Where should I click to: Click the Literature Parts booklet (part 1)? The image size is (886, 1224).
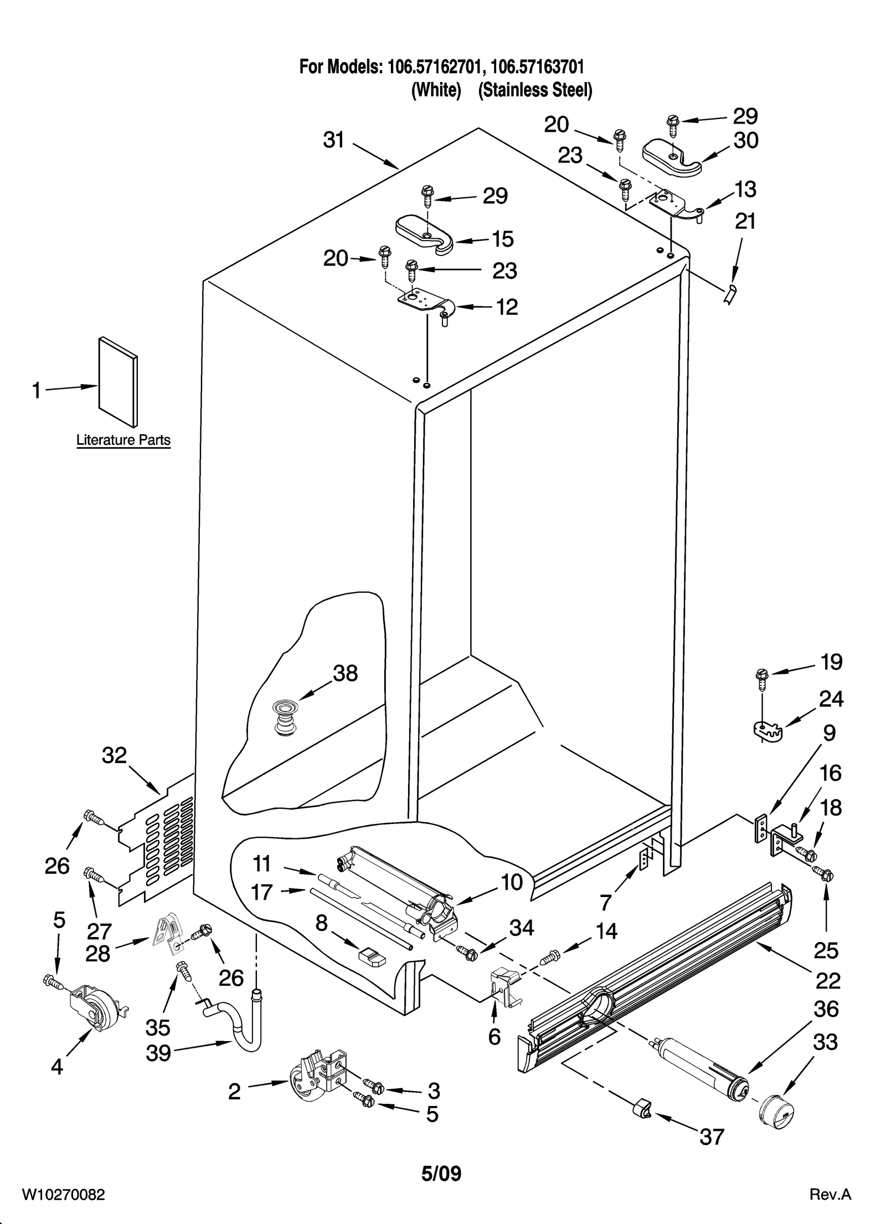pos(118,382)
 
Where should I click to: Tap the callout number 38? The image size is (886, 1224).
pos(345,673)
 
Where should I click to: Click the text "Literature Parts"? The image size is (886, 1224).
pos(123,441)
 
